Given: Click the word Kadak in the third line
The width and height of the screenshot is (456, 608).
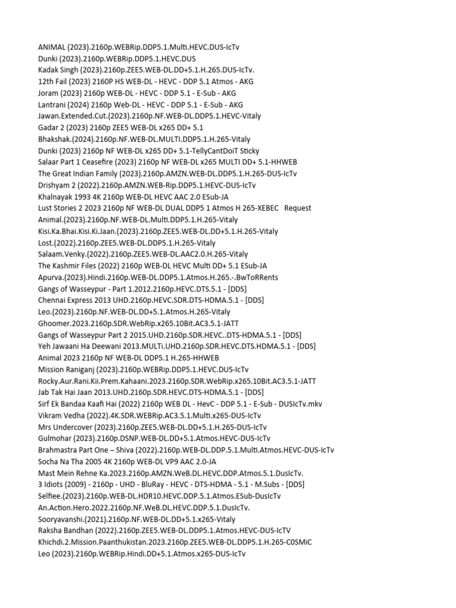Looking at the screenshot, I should point(50,70).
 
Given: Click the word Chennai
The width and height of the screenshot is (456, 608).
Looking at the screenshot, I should point(53,300).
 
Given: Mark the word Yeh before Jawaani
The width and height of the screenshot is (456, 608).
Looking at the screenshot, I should point(45,346).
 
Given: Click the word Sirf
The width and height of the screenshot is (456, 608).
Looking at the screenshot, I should point(45,404).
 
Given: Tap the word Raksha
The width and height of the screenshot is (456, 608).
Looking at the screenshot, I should point(52,530).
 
